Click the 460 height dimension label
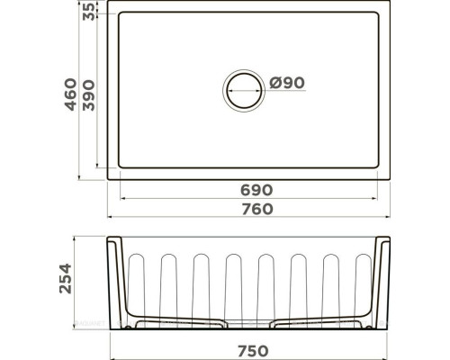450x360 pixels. pyautogui.click(x=71, y=94)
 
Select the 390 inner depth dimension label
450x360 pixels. pyautogui.click(x=88, y=95)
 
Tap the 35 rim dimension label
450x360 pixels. pyautogui.click(x=88, y=12)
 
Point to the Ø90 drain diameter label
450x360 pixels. pyautogui.click(x=287, y=83)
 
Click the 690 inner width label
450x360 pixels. pyautogui.click(x=256, y=190)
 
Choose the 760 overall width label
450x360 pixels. pyautogui.click(x=257, y=209)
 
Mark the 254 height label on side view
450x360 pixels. pyautogui.click(x=66, y=278)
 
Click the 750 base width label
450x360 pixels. pyautogui.click(x=253, y=351)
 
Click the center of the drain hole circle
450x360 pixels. pyautogui.click(x=244, y=91)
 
